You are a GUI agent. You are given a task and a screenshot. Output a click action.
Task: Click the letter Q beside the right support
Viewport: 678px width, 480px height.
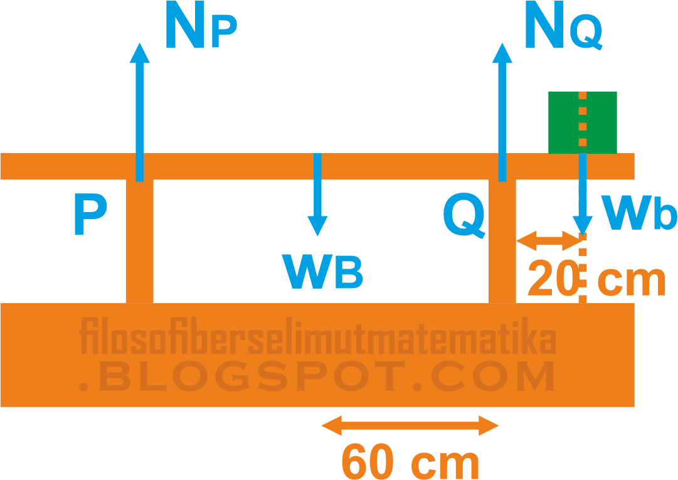(464, 215)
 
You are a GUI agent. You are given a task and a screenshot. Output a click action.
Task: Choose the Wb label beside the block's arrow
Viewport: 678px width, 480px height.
(638, 213)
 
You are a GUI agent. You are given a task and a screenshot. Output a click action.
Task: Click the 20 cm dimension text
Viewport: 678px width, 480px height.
(596, 279)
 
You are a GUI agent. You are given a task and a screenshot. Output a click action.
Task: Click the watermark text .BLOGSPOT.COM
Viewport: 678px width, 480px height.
(317, 375)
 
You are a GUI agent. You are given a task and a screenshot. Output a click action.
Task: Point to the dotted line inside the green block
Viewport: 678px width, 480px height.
(583, 122)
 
